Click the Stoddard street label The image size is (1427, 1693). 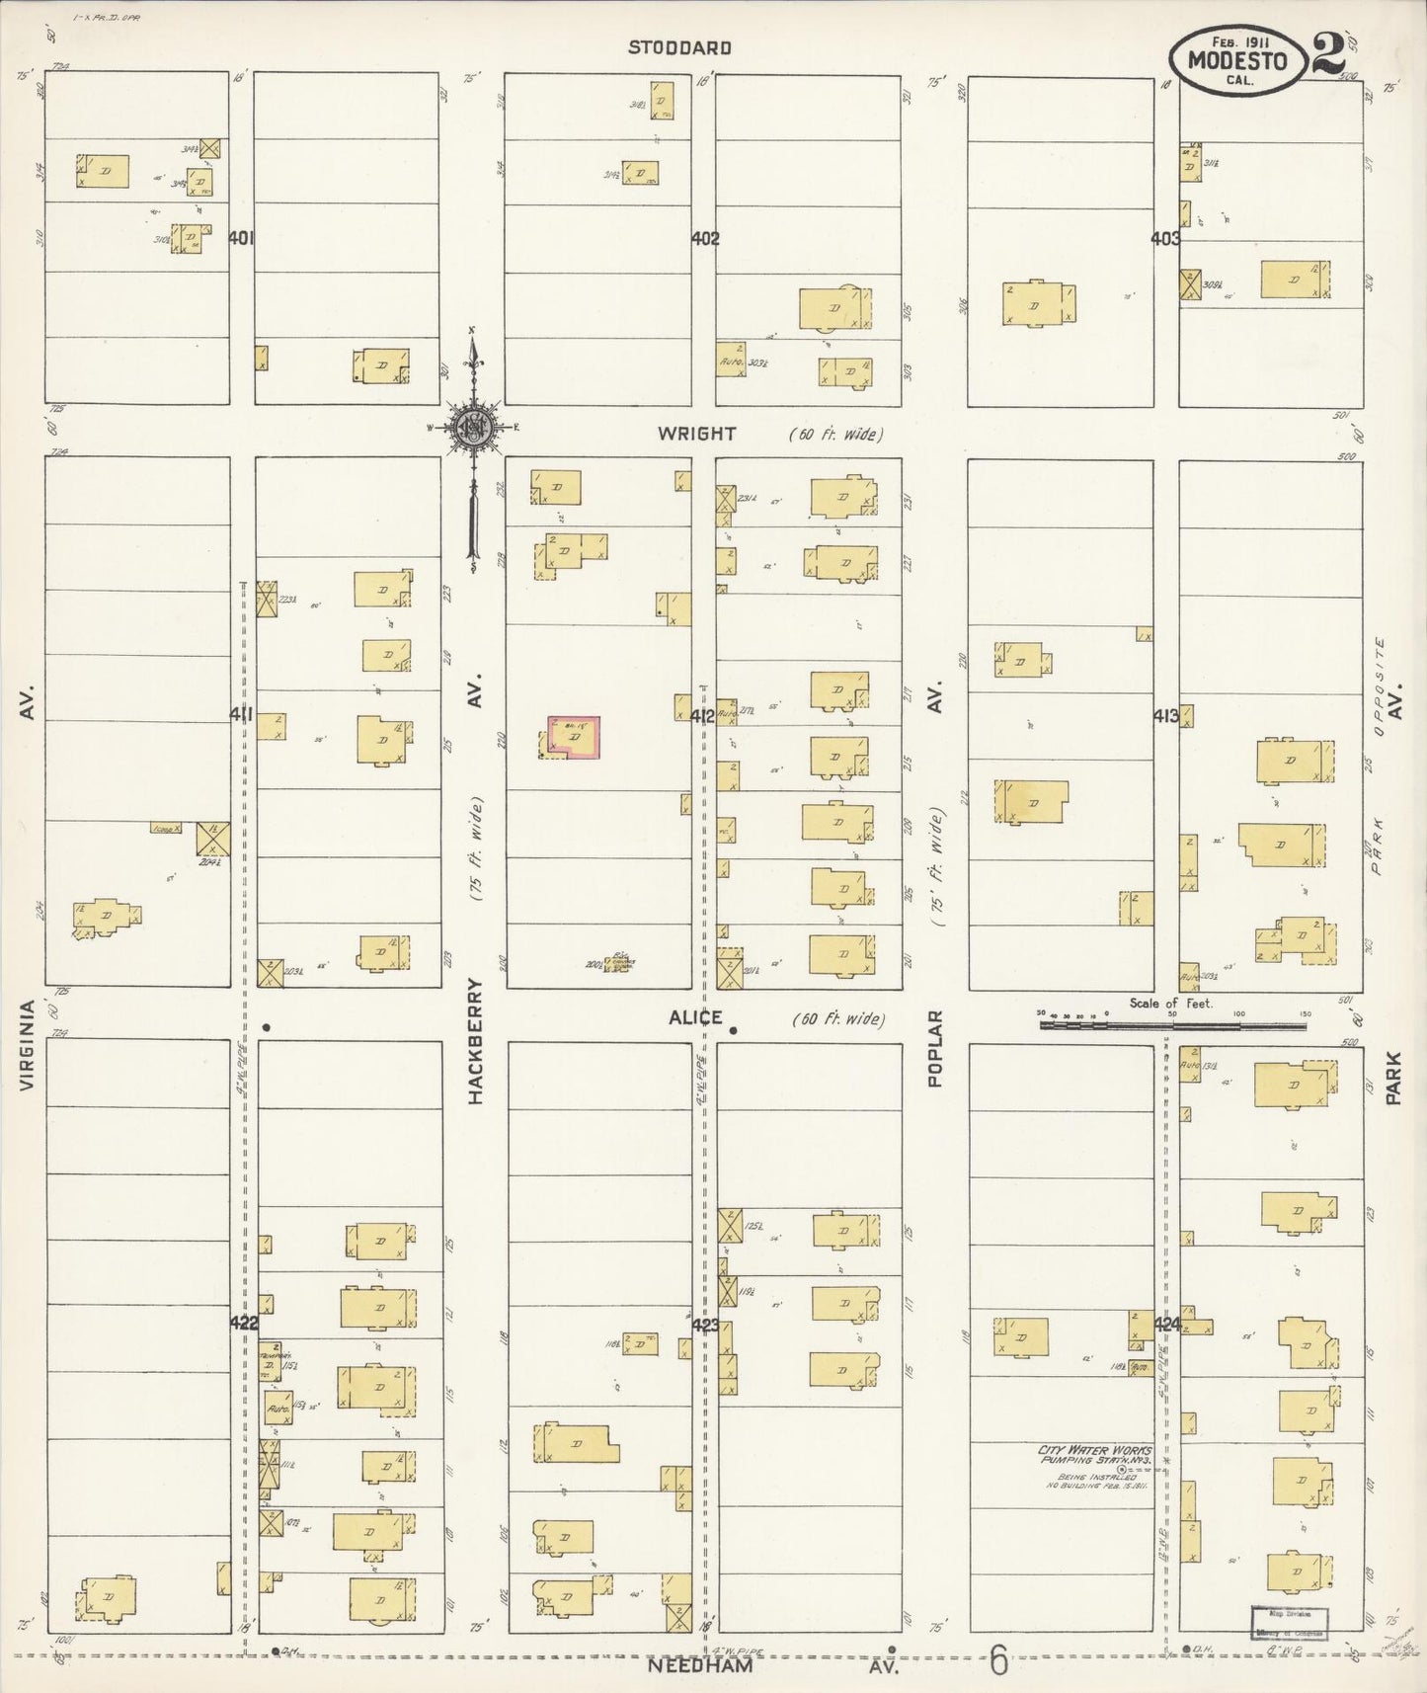click(x=680, y=47)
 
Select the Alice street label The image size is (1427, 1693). click(x=695, y=1017)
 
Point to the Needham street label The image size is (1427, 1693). click(x=700, y=1666)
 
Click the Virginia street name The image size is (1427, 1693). click(x=28, y=1045)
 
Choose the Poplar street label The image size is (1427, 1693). click(x=935, y=1049)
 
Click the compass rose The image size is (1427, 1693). click(x=474, y=428)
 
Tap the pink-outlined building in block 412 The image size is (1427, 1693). click(x=574, y=738)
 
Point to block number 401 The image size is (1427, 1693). click(x=241, y=238)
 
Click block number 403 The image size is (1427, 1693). click(x=1165, y=238)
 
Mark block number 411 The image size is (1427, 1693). click(x=241, y=713)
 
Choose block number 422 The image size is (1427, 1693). click(x=243, y=1323)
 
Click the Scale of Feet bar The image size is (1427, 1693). click(x=1175, y=1025)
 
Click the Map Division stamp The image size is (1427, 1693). click(x=1290, y=1623)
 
